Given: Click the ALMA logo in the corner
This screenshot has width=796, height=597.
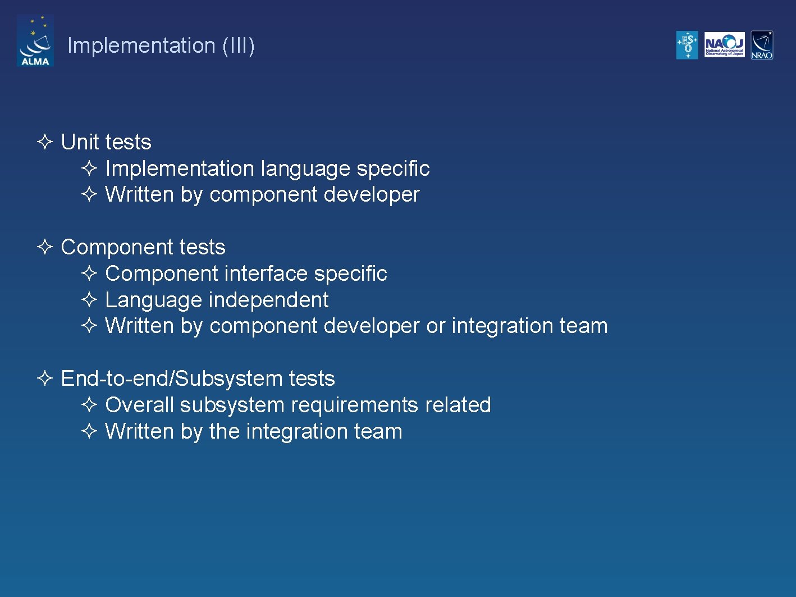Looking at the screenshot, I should (35, 41).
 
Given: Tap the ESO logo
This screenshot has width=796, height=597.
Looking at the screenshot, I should (687, 45).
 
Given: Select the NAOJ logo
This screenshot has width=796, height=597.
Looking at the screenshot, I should (724, 45).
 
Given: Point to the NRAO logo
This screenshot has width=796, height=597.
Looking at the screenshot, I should (762, 45).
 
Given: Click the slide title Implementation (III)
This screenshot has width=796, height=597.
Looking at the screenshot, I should (161, 45).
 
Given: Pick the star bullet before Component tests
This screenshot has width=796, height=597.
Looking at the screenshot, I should (45, 247).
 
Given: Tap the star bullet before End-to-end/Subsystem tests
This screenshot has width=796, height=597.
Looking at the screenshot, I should (45, 379).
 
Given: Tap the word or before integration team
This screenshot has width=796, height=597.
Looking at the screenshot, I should (436, 326).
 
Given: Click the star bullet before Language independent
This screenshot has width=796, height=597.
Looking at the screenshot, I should (90, 300).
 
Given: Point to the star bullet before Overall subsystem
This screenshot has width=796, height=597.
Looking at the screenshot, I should (90, 405).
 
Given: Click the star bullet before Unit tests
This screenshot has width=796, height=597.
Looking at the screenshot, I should (45, 142).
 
